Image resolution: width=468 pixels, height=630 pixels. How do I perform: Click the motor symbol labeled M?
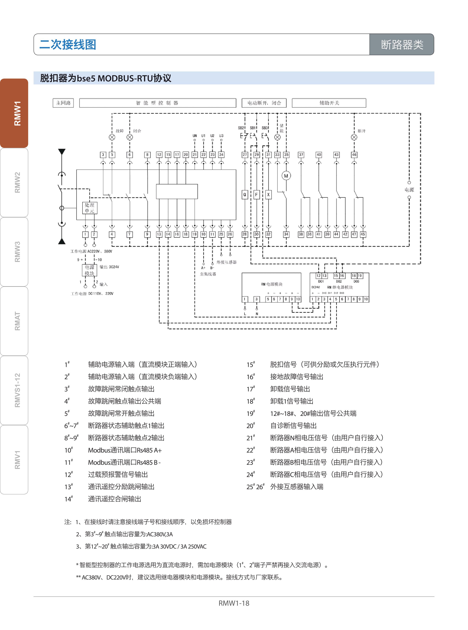(x=286, y=176)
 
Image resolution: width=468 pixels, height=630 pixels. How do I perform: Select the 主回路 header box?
(x=63, y=103)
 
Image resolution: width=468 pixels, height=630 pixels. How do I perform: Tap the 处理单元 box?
(x=89, y=208)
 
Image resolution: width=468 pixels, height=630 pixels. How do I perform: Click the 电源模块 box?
(x=89, y=270)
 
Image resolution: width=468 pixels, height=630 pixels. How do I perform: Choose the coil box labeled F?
(x=256, y=194)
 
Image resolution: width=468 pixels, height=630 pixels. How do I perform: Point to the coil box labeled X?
(x=268, y=194)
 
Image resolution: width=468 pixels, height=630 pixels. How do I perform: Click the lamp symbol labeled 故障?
(x=112, y=137)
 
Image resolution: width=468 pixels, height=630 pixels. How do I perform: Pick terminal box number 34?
(x=286, y=234)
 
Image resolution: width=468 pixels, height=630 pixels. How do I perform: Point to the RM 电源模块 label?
(x=271, y=284)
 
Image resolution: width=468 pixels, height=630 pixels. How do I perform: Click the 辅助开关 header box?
(x=329, y=103)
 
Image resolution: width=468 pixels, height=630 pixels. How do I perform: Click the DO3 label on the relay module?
(x=356, y=281)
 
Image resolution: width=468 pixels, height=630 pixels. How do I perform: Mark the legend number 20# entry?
(x=251, y=426)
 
